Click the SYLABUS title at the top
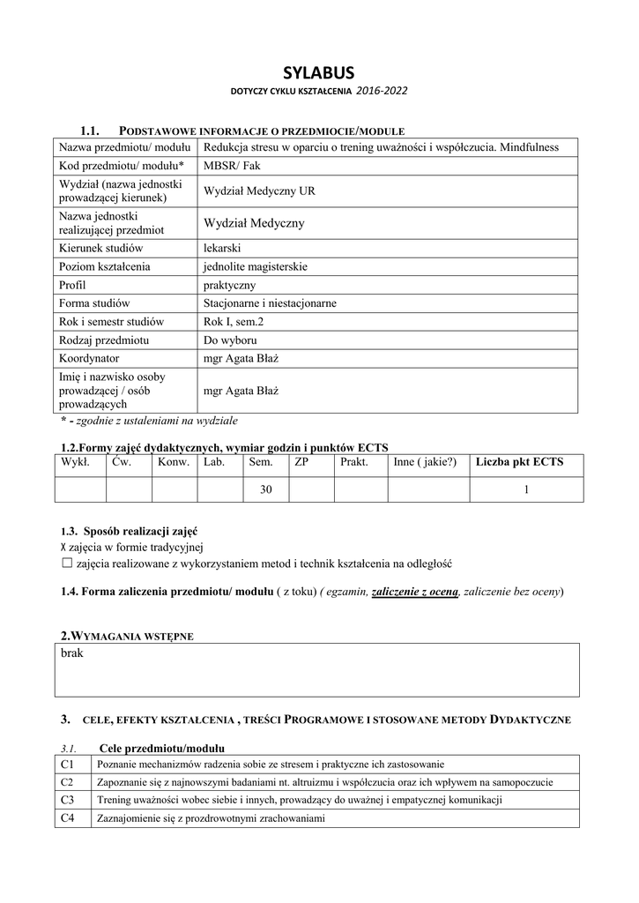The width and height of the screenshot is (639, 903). click(318, 72)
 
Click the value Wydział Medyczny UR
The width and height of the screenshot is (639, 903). click(259, 190)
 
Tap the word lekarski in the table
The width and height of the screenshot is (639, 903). click(222, 249)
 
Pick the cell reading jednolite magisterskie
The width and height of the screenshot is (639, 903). click(256, 266)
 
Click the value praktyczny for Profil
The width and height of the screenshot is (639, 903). click(229, 285)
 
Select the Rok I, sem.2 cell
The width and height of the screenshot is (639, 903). click(234, 322)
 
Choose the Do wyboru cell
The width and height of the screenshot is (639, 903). click(228, 340)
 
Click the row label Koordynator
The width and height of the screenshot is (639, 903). click(89, 359)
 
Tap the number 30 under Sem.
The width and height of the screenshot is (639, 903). click(266, 490)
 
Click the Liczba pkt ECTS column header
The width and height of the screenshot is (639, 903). click(519, 462)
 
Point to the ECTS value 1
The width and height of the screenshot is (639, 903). click(526, 490)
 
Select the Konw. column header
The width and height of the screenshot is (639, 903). click(174, 462)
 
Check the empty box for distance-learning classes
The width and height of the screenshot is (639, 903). click(66, 563)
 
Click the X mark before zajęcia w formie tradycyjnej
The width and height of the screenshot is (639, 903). click(63, 547)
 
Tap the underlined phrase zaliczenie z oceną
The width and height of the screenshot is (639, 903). click(415, 591)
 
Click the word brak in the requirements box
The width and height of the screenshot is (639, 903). click(72, 653)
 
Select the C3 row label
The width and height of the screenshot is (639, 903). click(67, 800)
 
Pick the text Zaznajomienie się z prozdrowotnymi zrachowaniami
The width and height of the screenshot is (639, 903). click(212, 818)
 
